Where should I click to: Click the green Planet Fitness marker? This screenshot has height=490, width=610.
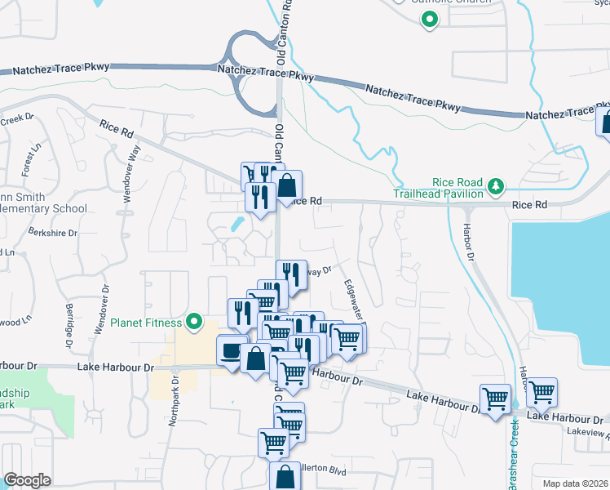coord(194,323)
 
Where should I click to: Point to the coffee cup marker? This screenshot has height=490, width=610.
coord(232,350)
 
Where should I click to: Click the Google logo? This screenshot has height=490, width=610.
coord(27,480)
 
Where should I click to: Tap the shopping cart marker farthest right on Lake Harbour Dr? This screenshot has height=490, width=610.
coord(541,393)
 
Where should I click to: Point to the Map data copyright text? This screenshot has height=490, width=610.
coord(575,483)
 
